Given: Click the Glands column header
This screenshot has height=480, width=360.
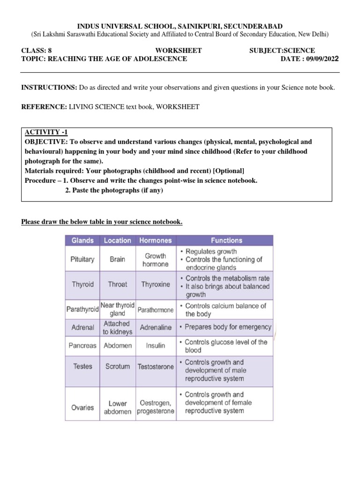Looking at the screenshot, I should click(82, 240).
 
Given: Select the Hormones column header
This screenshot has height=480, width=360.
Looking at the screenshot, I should click(155, 240).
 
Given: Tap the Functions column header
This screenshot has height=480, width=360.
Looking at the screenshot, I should click(226, 240).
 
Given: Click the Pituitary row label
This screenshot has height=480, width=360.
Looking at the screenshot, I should click(82, 259).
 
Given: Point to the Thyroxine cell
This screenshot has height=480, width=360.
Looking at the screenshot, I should click(155, 284).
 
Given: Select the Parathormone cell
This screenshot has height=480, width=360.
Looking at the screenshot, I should click(155, 310).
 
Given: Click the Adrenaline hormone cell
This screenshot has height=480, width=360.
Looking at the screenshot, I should click(156, 327).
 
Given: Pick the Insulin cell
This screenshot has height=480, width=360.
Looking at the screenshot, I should click(155, 345).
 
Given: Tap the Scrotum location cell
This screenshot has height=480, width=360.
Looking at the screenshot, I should click(117, 366).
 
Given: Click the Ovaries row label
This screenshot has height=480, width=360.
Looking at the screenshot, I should click(82, 407).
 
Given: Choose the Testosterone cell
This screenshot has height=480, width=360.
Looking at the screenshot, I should click(155, 367).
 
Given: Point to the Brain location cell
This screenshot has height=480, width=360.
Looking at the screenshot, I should click(117, 259).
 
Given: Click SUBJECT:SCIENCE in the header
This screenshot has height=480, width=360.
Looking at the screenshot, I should click(282, 51).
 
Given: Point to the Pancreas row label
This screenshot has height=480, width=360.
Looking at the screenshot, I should click(82, 345).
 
